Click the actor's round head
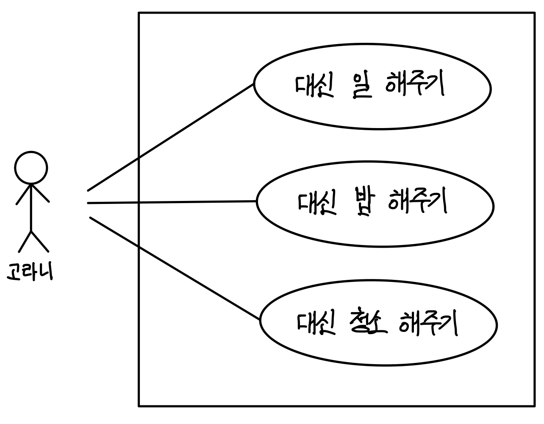coord(31,167)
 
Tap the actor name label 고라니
coord(30,272)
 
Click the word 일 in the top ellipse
coord(361,86)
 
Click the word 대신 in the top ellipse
coord(314,86)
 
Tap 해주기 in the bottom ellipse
coord(428,323)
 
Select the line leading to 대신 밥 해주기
coord(169,203)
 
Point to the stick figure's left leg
coord(24,242)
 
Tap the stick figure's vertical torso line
coord(31,208)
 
